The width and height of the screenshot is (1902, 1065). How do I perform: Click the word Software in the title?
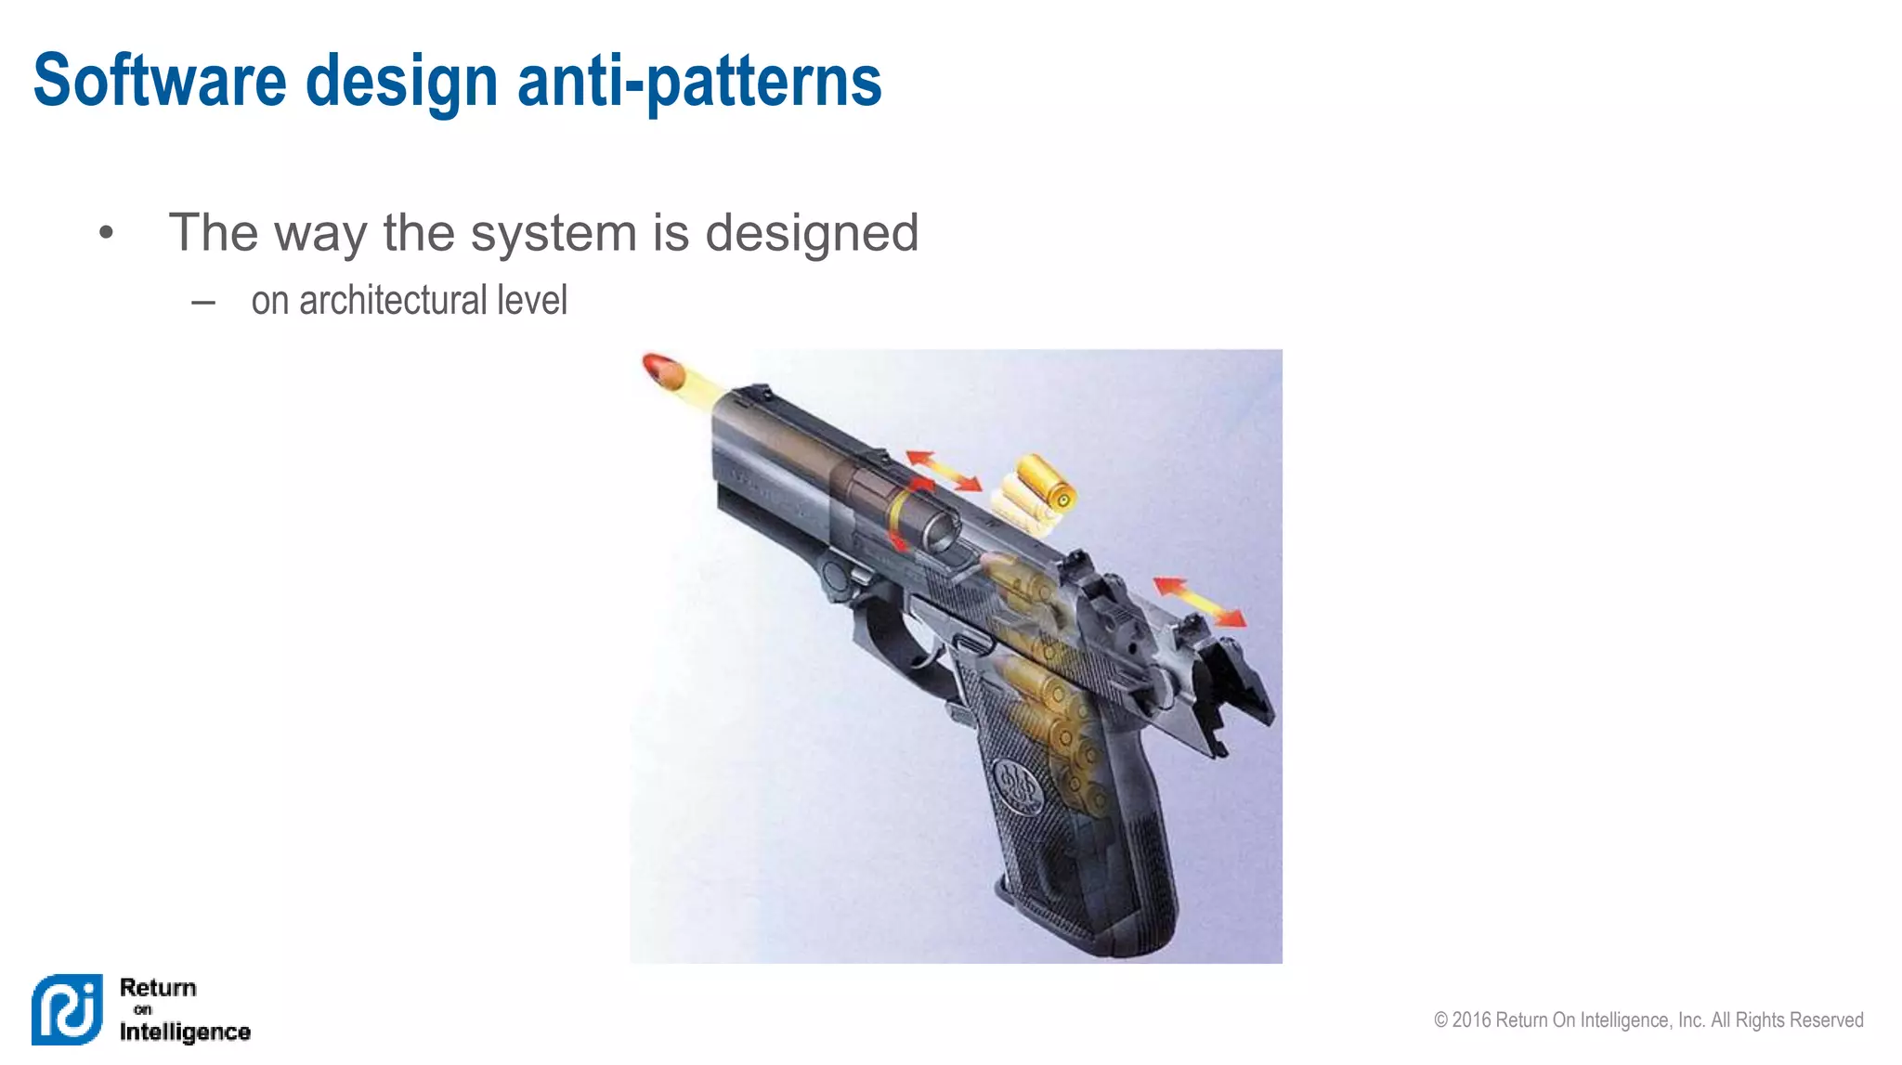160,81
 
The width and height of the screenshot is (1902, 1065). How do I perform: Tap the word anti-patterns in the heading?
698,81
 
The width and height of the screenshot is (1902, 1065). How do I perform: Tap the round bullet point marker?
106,233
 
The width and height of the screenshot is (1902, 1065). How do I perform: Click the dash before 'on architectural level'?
203,302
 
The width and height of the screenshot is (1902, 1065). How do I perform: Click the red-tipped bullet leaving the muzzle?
663,370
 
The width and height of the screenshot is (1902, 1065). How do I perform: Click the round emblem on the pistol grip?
1017,786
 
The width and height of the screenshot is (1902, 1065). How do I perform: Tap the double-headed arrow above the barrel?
944,470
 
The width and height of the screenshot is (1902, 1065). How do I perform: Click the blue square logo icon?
67,1009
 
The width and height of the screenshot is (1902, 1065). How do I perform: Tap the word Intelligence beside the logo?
185,1032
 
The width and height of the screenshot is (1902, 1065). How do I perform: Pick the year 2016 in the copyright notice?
1471,1020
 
